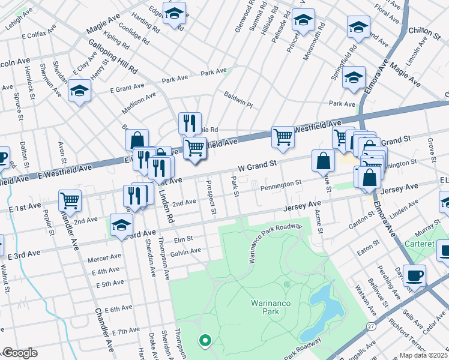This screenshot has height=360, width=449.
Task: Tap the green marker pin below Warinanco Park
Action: tap(205, 341)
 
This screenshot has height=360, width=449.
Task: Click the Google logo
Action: tap(20, 353)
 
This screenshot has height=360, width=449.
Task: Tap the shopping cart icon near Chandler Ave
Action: tap(70, 200)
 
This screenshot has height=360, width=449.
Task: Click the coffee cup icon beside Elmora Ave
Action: tap(414, 275)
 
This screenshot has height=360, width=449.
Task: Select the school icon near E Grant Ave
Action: tap(79, 91)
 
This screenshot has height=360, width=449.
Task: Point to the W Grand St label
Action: tap(257, 163)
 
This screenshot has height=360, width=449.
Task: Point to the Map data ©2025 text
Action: tap(423, 355)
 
